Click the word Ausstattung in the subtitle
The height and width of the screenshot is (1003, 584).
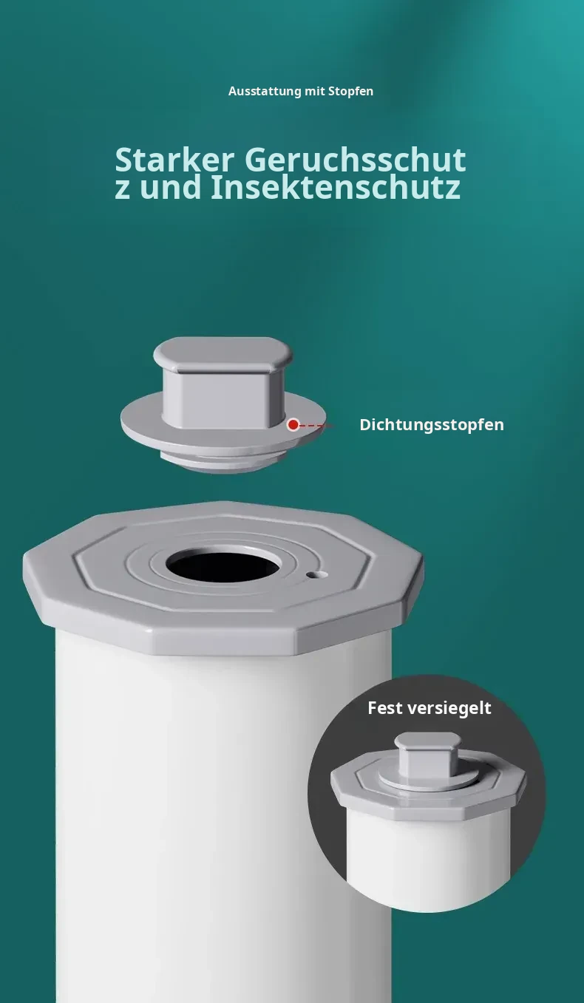tap(265, 92)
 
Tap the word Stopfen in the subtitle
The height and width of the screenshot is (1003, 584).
tap(350, 92)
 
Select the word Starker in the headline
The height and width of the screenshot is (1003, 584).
tap(174, 160)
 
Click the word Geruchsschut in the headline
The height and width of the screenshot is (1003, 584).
tap(355, 160)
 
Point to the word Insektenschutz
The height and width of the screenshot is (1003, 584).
tap(336, 187)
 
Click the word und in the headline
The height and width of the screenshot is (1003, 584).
tap(170, 188)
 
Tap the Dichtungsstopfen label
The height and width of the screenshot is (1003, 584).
tap(432, 424)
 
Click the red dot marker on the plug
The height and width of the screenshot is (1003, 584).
tap(293, 424)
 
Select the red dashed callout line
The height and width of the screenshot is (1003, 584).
tap(316, 426)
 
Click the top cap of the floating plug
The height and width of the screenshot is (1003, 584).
tap(223, 354)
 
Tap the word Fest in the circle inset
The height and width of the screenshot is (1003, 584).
tap(385, 708)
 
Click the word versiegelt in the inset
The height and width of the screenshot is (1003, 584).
tap(449, 708)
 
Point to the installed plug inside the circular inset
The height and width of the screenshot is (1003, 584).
tap(428, 761)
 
